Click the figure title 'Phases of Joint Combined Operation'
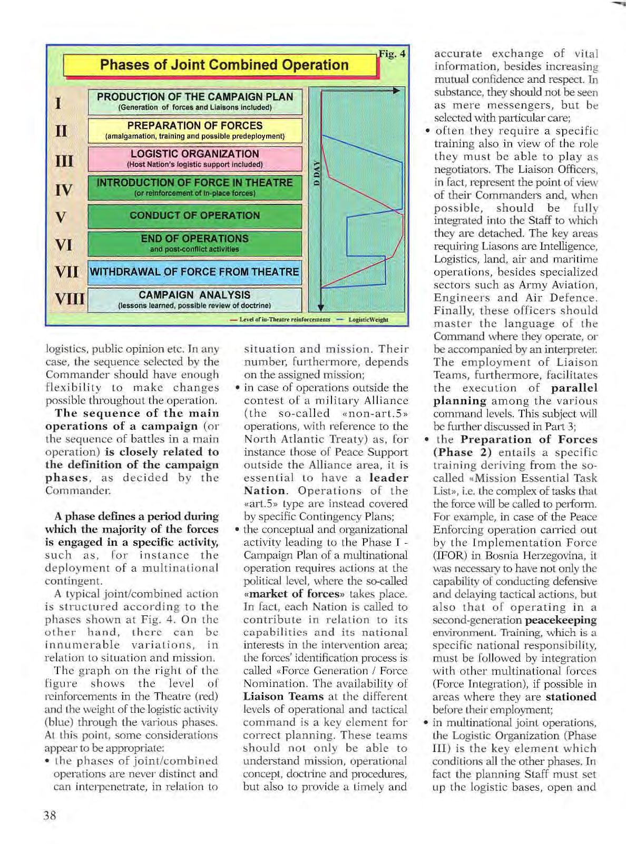tap(224, 65)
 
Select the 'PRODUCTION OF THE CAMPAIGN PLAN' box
tap(195, 102)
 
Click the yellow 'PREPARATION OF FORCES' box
tap(195, 130)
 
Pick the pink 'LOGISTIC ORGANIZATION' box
tap(195, 159)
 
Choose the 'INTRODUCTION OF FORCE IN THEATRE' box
tap(195, 187)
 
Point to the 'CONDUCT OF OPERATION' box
tap(195, 215)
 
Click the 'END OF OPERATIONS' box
tap(195, 243)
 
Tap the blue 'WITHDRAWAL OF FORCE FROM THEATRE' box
tap(195, 272)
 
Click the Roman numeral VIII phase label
tap(69, 300)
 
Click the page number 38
tap(50, 816)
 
